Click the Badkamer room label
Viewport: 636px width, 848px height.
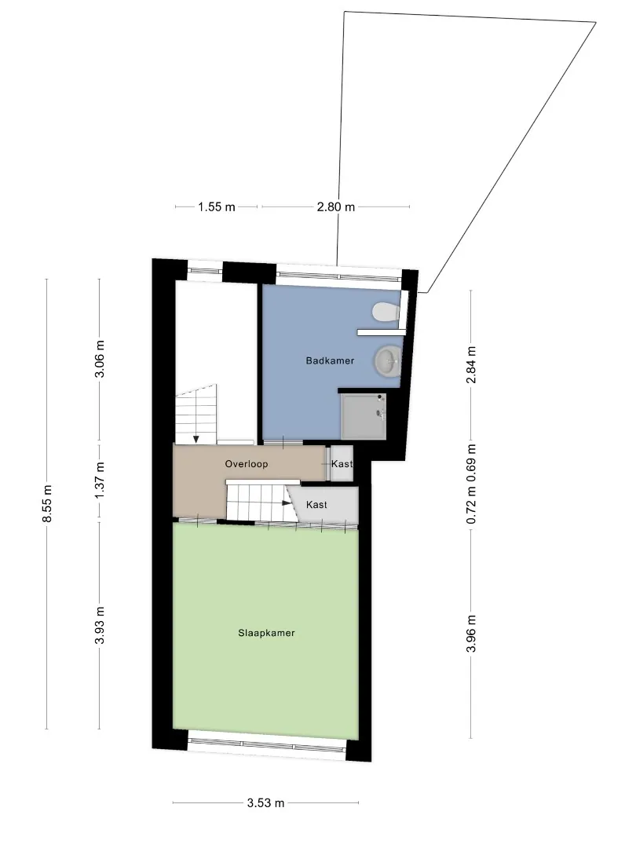(330, 360)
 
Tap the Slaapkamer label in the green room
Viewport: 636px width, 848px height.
(266, 633)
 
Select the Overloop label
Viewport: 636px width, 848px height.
(247, 464)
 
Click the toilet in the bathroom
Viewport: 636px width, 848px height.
(386, 312)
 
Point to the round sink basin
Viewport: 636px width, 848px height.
(387, 360)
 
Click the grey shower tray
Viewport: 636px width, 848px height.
(364, 416)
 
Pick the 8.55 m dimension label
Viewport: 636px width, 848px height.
(47, 503)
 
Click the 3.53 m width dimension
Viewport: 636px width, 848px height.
(265, 803)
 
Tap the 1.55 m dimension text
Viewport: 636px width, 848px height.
(217, 207)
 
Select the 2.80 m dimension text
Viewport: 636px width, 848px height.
(336, 207)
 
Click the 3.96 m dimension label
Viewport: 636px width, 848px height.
(471, 634)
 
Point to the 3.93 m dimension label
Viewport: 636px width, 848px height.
(100, 626)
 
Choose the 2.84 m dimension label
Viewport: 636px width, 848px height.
(471, 364)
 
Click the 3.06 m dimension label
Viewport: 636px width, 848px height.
(100, 360)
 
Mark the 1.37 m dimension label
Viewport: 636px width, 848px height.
(100, 481)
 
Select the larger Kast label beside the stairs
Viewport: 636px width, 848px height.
(316, 505)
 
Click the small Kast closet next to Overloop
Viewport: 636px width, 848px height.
(342, 463)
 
